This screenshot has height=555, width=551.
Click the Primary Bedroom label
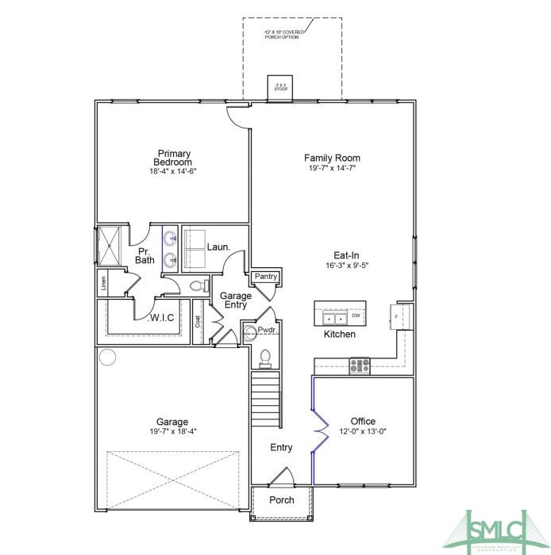pos(173,158)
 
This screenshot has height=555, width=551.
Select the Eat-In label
pos(346,255)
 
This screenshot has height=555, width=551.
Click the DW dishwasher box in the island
pos(356,316)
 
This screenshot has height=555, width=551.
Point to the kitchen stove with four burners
pos(360,365)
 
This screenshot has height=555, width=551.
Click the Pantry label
pos(266,277)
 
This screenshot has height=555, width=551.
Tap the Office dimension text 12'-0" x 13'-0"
pos(363,431)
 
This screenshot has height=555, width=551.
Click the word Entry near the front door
pos(281,447)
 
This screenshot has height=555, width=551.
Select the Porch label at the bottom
pos(281,499)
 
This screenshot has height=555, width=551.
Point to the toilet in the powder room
pos(266,358)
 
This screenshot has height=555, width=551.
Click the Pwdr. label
pos(267,329)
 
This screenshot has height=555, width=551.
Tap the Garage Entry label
pos(236,300)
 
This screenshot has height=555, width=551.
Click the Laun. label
pos(218,247)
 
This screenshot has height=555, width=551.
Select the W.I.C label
pos(163,318)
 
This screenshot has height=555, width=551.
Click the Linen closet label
pos(103,281)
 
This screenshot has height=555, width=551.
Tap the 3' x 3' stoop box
pos(279,86)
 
